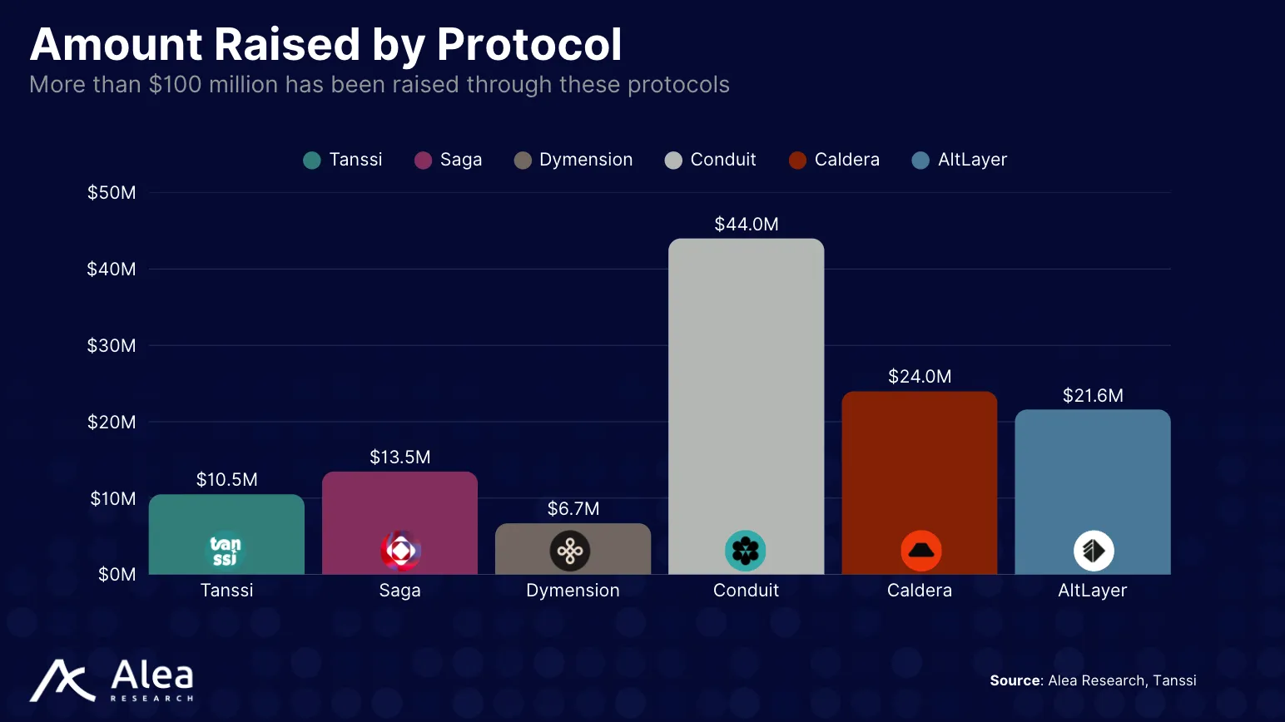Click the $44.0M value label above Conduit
747,225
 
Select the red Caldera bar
919,466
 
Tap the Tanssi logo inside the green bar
226,551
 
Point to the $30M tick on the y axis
112,345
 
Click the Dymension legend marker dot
523,161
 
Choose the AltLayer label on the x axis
1092,591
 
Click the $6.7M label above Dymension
573,509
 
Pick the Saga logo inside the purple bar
400,551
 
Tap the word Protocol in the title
528,44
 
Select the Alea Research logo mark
63,680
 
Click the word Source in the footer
1015,680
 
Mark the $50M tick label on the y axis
112,193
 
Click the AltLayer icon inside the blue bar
1093,551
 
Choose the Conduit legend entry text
722,160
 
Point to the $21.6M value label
1092,396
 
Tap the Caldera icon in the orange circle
920,551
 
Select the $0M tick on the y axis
117,575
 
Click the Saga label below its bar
399,591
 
